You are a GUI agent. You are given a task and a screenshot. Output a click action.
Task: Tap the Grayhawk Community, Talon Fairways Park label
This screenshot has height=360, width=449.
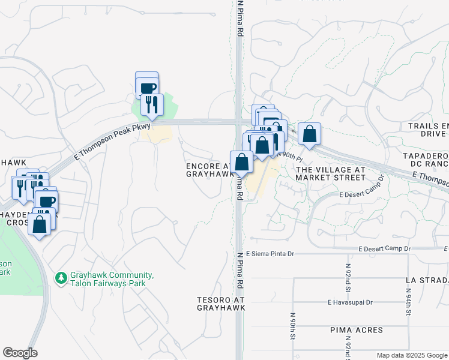click(112, 280)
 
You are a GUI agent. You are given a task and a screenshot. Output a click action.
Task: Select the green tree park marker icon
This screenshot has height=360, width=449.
click(61, 278)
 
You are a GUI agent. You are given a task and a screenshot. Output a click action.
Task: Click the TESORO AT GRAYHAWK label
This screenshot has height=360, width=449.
click(221, 303)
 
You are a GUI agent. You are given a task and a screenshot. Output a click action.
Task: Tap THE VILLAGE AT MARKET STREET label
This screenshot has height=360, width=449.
click(330, 174)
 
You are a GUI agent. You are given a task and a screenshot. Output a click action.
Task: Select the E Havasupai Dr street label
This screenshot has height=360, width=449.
click(351, 303)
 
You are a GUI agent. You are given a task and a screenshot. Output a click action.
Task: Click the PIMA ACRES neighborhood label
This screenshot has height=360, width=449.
click(356, 331)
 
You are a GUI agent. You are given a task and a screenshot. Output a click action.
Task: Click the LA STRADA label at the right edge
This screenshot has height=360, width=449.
click(426, 280)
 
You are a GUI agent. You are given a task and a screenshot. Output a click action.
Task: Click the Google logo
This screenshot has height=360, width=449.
click(20, 353)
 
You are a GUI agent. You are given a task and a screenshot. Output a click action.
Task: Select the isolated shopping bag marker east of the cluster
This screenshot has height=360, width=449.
click(309, 134)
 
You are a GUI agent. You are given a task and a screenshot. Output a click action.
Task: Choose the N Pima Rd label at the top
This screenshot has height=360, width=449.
click(240, 18)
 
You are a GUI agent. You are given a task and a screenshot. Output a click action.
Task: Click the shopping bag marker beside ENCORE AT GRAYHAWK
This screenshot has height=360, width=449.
click(241, 163)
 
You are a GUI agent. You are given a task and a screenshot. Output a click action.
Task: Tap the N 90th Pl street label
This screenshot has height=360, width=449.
click(289, 156)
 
